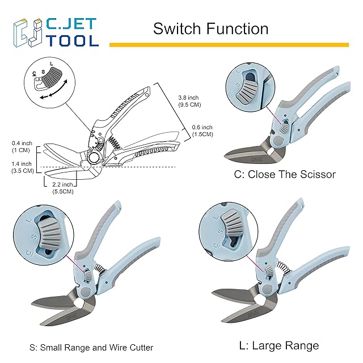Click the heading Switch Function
(x=210, y=28)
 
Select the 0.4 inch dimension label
(x=22, y=146)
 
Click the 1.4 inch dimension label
(x=21, y=166)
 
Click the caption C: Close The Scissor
(x=285, y=175)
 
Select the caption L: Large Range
(x=277, y=345)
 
